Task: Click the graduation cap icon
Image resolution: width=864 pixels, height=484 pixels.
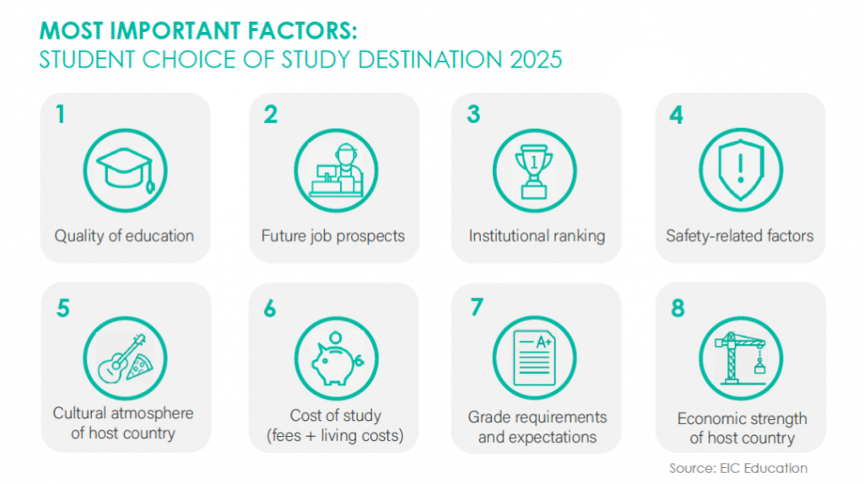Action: tap(126, 170)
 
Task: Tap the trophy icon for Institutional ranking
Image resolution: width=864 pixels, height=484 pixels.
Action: tap(534, 171)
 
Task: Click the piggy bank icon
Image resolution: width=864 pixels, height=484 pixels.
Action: tap(336, 358)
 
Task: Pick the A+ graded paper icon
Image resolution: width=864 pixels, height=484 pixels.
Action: tap(534, 358)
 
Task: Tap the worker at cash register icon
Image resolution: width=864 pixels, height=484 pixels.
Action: tap(337, 170)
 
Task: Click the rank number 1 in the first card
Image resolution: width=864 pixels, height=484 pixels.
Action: tap(61, 115)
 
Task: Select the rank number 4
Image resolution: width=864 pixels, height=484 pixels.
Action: tap(676, 115)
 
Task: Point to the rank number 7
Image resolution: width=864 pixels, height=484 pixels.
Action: tap(477, 307)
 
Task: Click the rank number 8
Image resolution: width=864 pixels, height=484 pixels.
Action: tap(678, 308)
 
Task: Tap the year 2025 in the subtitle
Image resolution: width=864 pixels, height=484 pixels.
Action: tap(536, 60)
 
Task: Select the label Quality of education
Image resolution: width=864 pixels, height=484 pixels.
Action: tap(124, 236)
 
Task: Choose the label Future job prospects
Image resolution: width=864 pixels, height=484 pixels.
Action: tap(332, 236)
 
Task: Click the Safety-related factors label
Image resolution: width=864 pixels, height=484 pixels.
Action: tap(739, 236)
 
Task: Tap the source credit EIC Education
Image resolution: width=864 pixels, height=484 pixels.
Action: tap(763, 469)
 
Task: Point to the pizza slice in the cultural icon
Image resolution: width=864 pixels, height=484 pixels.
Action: tap(139, 367)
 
